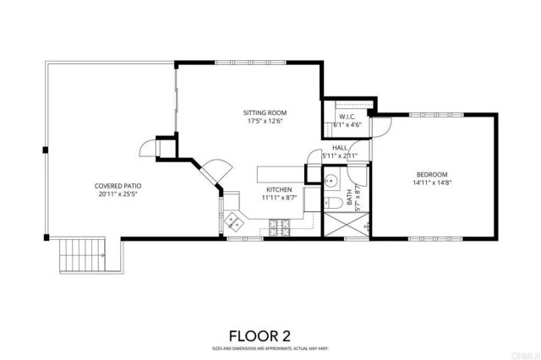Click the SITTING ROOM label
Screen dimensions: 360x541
point(265,112)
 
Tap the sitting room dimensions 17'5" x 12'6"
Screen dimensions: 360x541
point(265,121)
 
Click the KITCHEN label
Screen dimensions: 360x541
point(279,189)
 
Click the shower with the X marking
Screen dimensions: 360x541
point(347,224)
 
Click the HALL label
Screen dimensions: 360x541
point(340,148)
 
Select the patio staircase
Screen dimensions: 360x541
point(82,254)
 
